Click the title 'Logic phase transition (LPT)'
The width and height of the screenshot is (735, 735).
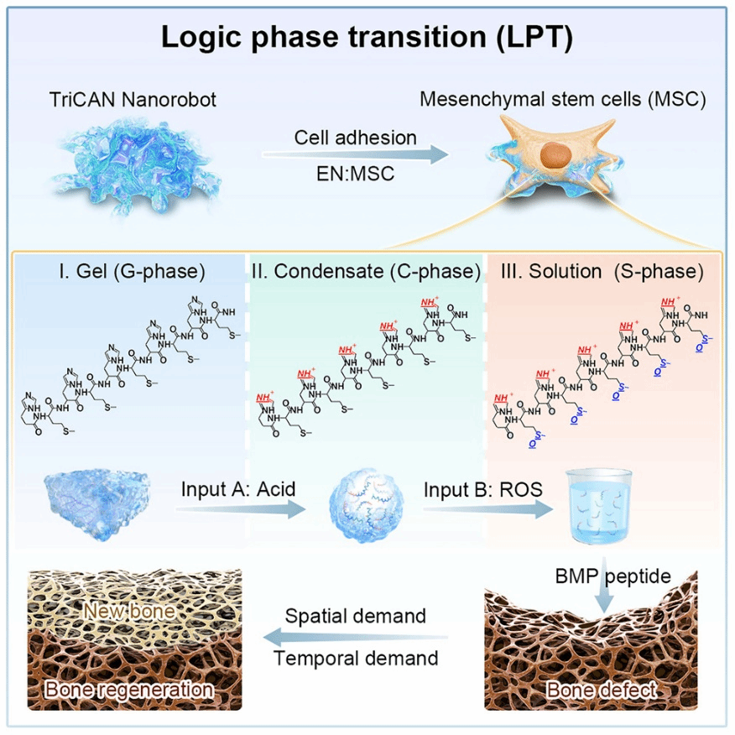tap(367, 39)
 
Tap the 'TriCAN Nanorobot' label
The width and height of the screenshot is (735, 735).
tap(133, 100)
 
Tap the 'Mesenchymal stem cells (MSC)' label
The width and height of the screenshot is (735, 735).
tap(563, 100)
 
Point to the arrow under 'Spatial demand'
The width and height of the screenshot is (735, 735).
tap(358, 637)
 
